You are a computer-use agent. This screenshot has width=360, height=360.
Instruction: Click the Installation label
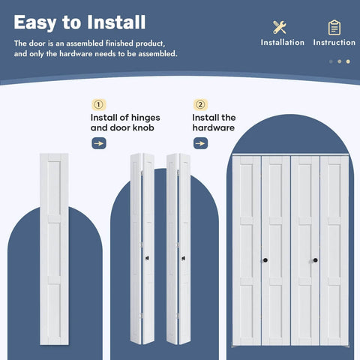coord(282,43)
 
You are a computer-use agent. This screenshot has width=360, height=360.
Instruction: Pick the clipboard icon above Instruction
coord(334,27)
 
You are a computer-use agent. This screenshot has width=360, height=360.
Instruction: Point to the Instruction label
coord(334,43)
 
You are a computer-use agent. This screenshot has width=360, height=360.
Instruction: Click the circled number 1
coord(97,104)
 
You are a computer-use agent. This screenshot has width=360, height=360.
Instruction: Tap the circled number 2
coord(199,104)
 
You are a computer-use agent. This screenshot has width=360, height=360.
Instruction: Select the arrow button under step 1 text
coord(99,142)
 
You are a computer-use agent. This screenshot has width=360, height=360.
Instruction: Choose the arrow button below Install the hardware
coord(200,142)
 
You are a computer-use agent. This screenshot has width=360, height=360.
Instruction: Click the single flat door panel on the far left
coord(52,255)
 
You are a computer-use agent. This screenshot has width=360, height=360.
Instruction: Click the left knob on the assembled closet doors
coord(266,259)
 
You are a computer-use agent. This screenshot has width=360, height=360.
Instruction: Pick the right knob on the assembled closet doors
coord(315,259)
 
